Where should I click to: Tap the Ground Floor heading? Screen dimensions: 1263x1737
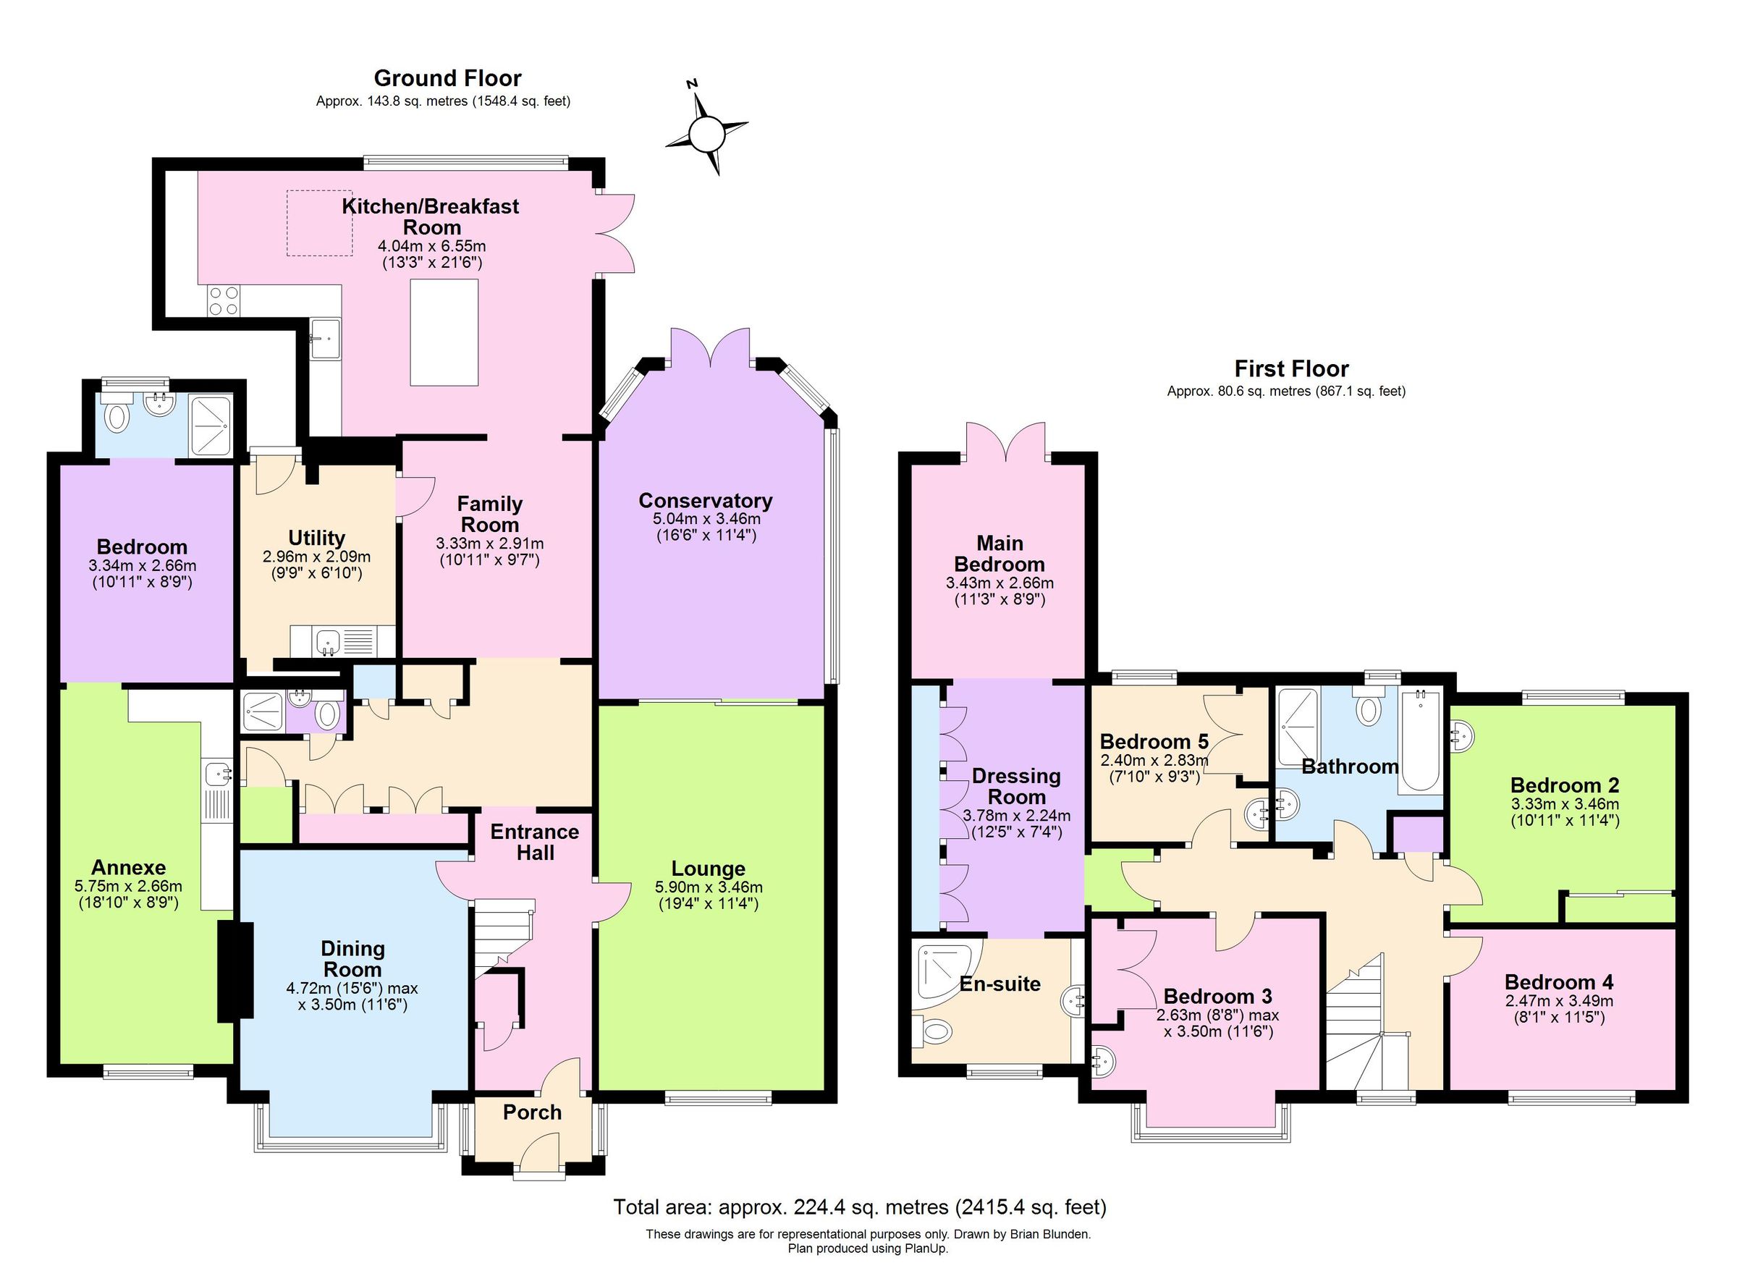tap(447, 78)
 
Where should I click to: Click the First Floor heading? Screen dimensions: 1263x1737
tap(1290, 368)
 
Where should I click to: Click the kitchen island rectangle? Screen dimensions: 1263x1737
tap(444, 332)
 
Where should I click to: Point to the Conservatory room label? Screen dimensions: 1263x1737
tap(705, 500)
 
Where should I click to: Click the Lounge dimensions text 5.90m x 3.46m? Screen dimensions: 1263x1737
tap(708, 887)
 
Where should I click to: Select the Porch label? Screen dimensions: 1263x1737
tap(531, 1112)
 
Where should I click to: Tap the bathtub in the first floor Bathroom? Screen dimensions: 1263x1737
tap(1420, 740)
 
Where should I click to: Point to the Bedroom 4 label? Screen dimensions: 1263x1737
tap(1558, 981)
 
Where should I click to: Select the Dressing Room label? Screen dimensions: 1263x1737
tap(1015, 786)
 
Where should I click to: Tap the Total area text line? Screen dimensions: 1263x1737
tap(859, 1207)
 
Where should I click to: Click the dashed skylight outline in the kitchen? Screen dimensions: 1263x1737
tap(319, 223)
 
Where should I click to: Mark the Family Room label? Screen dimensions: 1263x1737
tap(489, 514)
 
